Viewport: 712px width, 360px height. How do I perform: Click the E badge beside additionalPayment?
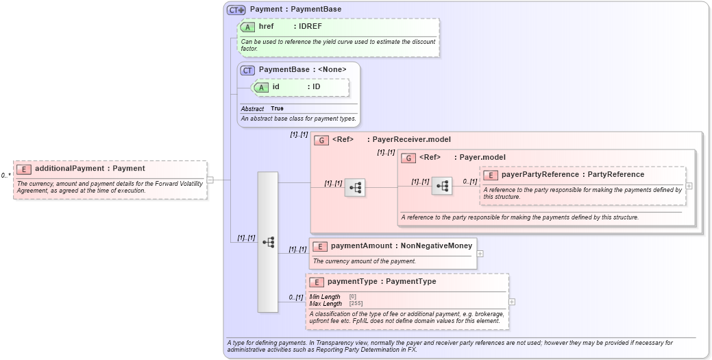(x=24, y=169)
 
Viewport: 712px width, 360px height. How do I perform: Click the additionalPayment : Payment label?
(x=90, y=169)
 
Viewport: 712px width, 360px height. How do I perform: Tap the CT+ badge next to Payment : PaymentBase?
(x=236, y=10)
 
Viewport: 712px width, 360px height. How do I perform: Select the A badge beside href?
(x=247, y=27)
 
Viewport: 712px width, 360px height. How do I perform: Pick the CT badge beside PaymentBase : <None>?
(x=247, y=70)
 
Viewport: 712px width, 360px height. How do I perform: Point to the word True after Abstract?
(x=277, y=109)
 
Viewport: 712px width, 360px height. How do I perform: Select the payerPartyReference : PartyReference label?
(x=572, y=175)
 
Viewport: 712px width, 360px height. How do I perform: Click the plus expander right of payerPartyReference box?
(x=689, y=186)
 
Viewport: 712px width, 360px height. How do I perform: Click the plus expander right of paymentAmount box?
(x=480, y=254)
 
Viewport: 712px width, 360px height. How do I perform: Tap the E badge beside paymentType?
(x=317, y=282)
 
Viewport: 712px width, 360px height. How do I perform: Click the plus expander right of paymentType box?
(x=512, y=302)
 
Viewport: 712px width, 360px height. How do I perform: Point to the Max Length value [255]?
(x=356, y=304)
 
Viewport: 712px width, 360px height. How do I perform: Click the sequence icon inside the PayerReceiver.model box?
(x=355, y=187)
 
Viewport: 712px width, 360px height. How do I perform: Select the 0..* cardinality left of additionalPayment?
(x=5, y=176)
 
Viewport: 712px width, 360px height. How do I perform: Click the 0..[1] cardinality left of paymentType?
(x=295, y=297)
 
